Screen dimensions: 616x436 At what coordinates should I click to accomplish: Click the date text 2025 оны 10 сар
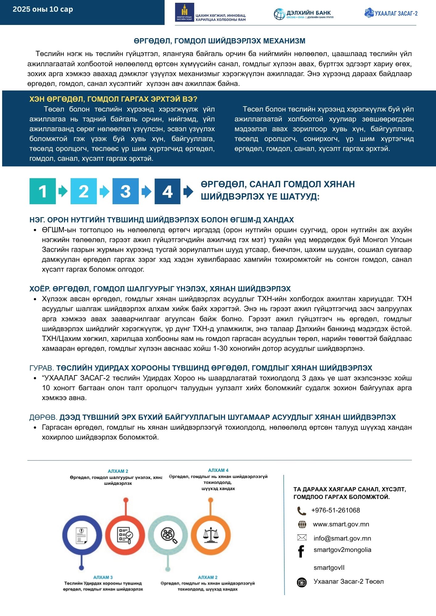(x=43, y=9)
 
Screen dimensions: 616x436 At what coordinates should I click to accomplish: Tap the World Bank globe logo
(x=279, y=14)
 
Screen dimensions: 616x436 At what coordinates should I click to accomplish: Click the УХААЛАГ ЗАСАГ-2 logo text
(x=396, y=13)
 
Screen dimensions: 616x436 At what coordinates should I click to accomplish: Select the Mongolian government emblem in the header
(x=184, y=12)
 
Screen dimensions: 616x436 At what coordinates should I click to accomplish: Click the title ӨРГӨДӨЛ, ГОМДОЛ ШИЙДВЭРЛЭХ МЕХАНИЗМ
(x=220, y=41)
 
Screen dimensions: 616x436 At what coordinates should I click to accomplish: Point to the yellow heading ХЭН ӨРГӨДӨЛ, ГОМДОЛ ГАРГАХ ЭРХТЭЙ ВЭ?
(x=113, y=99)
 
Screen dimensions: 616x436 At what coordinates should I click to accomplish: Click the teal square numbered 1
(x=43, y=191)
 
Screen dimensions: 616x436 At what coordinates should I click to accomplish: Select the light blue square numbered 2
(x=84, y=191)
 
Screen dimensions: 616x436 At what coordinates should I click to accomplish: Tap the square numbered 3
(x=125, y=191)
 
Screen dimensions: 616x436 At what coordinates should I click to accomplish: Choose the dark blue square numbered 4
(x=167, y=191)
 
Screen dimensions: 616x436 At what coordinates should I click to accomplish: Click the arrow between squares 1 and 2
(x=63, y=191)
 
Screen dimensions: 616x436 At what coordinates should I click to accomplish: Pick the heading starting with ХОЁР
(x=160, y=289)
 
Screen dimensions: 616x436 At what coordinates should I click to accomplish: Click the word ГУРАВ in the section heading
(x=42, y=368)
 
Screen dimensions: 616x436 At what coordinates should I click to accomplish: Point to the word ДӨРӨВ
(x=43, y=417)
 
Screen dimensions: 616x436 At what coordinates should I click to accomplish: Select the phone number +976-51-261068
(x=335, y=510)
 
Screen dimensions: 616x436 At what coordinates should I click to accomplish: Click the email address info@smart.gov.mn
(x=342, y=538)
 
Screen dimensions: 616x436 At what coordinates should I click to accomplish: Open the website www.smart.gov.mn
(x=341, y=524)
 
